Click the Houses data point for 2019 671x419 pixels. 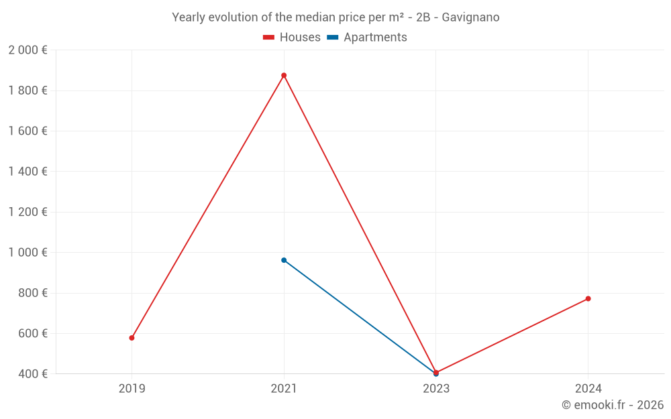tap(132, 338)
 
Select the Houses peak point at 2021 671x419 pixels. tap(284, 75)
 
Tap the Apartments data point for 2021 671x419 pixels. tap(284, 260)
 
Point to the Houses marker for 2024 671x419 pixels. tap(588, 298)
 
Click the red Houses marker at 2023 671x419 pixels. tap(436, 372)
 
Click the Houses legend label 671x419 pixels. tap(300, 38)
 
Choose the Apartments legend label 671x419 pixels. tap(375, 38)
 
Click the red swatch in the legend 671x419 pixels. tap(268, 38)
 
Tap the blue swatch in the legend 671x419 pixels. tap(332, 38)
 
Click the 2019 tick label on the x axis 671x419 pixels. tap(132, 388)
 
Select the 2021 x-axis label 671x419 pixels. tap(284, 388)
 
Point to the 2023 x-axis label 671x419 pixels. tap(436, 388)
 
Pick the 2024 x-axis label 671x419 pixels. tap(588, 388)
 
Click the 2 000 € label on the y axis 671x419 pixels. tap(28, 50)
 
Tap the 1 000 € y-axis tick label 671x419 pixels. tap(28, 253)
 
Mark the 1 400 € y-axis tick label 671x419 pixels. tap(28, 172)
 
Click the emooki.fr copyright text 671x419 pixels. tap(613, 405)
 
